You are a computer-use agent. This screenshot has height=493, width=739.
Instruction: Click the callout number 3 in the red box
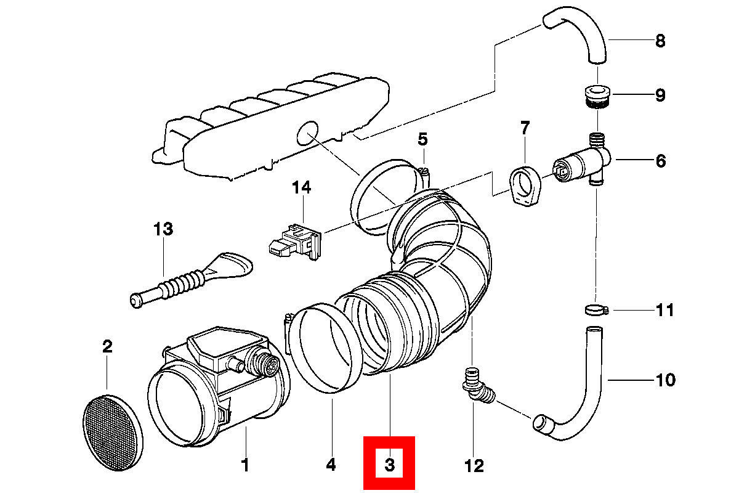tap(389, 463)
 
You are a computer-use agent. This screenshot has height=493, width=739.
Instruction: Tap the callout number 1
tap(245, 465)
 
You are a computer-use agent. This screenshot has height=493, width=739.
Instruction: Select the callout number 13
tap(163, 230)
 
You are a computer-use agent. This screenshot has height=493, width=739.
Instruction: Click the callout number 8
tap(660, 41)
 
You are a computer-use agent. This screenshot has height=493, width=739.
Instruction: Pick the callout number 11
tap(664, 309)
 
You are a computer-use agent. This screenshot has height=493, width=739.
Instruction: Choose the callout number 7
tap(524, 128)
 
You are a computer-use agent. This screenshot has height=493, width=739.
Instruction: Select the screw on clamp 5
tap(423, 174)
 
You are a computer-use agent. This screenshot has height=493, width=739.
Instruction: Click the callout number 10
tap(664, 380)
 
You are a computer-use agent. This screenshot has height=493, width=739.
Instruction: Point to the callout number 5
tap(422, 139)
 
